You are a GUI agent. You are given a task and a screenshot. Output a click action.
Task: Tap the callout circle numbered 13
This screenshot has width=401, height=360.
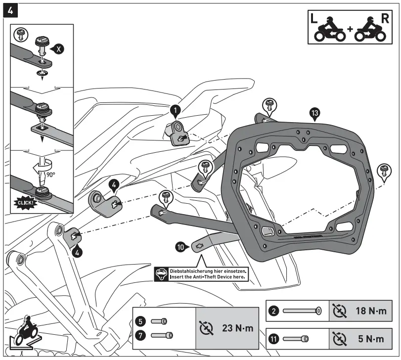coord(314,113)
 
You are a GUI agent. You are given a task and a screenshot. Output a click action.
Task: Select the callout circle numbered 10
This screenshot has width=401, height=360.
coord(181,246)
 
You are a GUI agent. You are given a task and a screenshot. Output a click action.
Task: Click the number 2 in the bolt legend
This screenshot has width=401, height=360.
coord(275,311)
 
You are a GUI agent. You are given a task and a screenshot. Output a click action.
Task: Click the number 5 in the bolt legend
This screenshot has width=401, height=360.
coord(142,321)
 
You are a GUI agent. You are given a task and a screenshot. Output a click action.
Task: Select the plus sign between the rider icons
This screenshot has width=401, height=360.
coord(350,29)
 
